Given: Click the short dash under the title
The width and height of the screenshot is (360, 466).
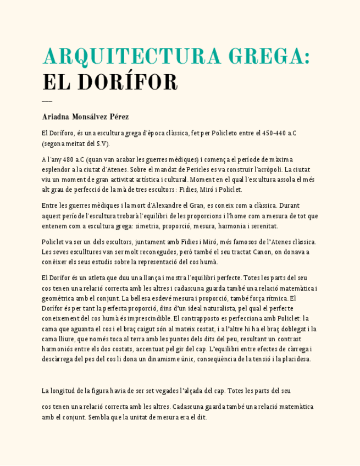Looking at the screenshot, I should [47, 101].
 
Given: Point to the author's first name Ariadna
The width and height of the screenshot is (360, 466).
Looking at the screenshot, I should [56, 117].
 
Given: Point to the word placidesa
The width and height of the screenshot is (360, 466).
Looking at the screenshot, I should [297, 359].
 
